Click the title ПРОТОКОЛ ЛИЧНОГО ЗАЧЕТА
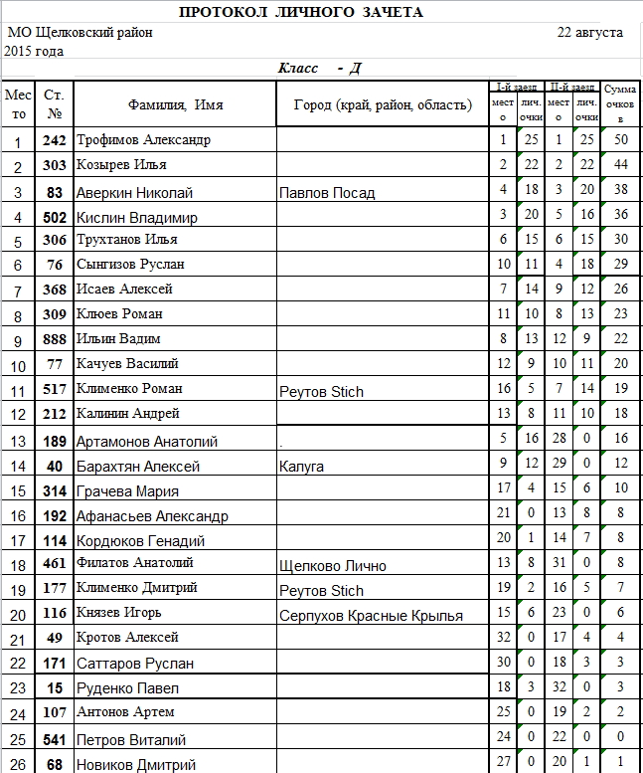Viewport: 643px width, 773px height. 301,12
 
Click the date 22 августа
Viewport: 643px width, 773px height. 590,32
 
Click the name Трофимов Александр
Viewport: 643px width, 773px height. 144,140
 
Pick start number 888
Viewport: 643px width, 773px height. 55,339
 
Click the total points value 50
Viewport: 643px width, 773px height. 621,140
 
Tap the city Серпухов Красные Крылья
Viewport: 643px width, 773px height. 371,616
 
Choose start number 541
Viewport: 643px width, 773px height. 55,739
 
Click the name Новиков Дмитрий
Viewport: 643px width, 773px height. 136,764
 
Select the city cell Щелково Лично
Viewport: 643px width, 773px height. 332,566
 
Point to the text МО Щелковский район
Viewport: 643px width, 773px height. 80,33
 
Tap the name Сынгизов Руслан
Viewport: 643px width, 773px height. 130,265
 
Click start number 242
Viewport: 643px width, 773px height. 55,140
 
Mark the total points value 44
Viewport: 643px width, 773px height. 621,164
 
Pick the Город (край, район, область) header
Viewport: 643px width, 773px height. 383,104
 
